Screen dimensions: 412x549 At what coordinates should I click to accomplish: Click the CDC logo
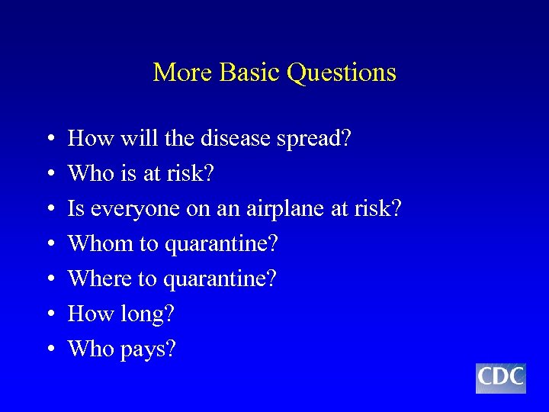[500, 378]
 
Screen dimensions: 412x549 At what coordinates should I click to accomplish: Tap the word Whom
[99, 244]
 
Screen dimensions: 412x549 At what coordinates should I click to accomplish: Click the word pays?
[148, 350]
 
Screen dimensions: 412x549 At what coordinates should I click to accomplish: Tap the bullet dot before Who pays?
[49, 350]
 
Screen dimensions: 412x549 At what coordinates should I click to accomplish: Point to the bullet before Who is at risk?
[49, 175]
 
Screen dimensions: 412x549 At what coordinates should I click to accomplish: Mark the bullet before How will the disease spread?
[49, 140]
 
